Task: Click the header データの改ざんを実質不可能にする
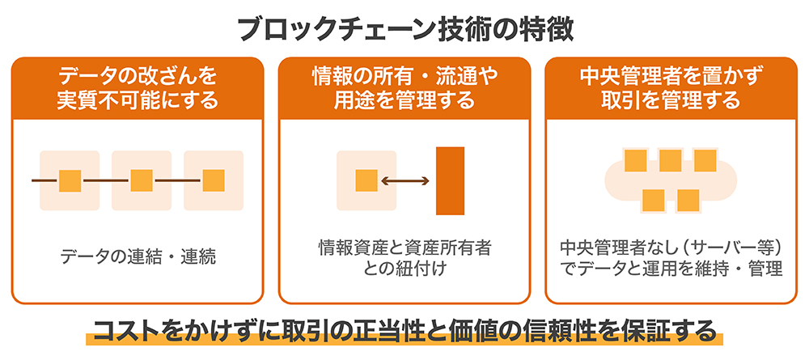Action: click(138, 88)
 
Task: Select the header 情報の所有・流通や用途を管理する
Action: click(404, 88)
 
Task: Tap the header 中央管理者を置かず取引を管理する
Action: click(671, 88)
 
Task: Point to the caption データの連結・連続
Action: click(138, 256)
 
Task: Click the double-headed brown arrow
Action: click(404, 180)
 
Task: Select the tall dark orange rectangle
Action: click(450, 180)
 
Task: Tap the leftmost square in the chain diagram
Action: click(70, 180)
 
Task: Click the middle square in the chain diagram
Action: click(142, 180)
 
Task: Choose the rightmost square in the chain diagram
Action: click(213, 180)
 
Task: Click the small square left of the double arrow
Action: click(366, 180)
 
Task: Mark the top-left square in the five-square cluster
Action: click(636, 160)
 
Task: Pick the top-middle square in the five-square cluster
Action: click(670, 160)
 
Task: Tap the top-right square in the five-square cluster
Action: click(705, 160)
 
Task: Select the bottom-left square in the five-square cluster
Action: click(653, 201)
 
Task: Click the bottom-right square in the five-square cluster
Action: click(688, 201)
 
